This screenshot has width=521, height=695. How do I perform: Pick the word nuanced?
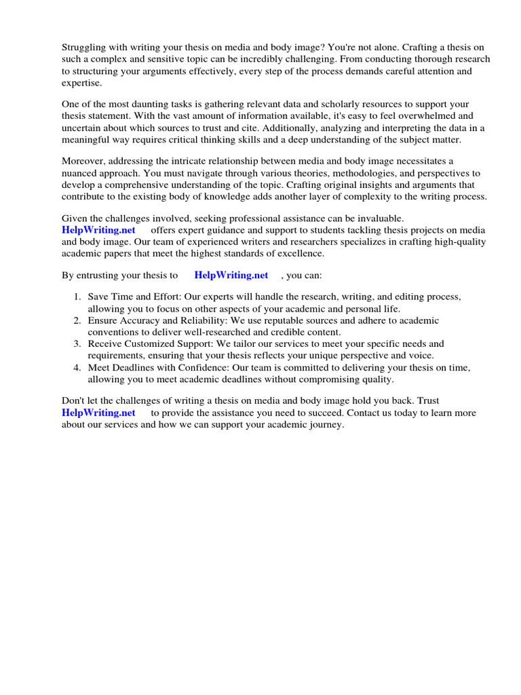click(83, 173)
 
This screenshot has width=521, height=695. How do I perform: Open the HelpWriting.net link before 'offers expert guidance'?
click(98, 230)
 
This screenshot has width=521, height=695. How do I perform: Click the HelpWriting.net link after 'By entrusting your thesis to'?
click(231, 275)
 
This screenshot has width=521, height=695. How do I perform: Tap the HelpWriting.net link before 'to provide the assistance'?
click(98, 412)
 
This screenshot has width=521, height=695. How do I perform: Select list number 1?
click(77, 297)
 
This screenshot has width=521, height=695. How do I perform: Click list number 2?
click(77, 320)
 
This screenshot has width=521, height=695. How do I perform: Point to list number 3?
click(77, 343)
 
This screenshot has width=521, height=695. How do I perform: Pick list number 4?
click(77, 367)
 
